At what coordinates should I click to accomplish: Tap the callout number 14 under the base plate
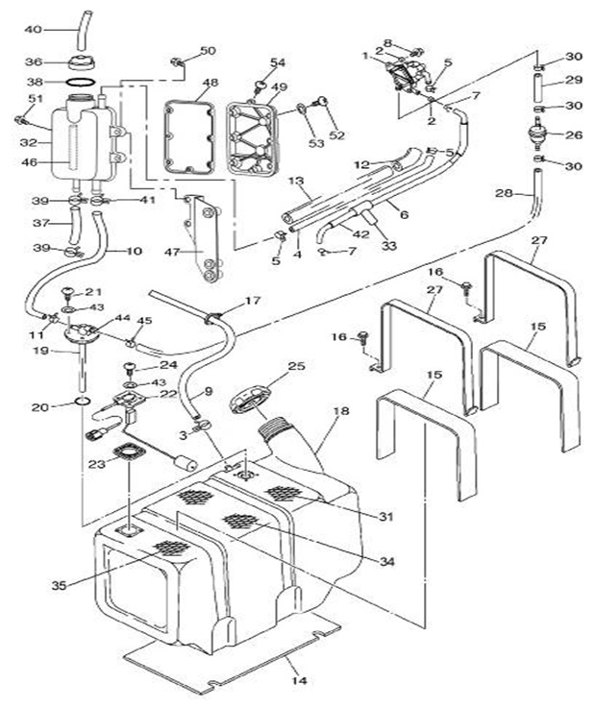click(x=300, y=681)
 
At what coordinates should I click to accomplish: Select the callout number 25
click(x=295, y=366)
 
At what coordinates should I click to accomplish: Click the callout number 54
click(x=278, y=63)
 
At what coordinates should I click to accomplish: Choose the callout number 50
click(x=208, y=51)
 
